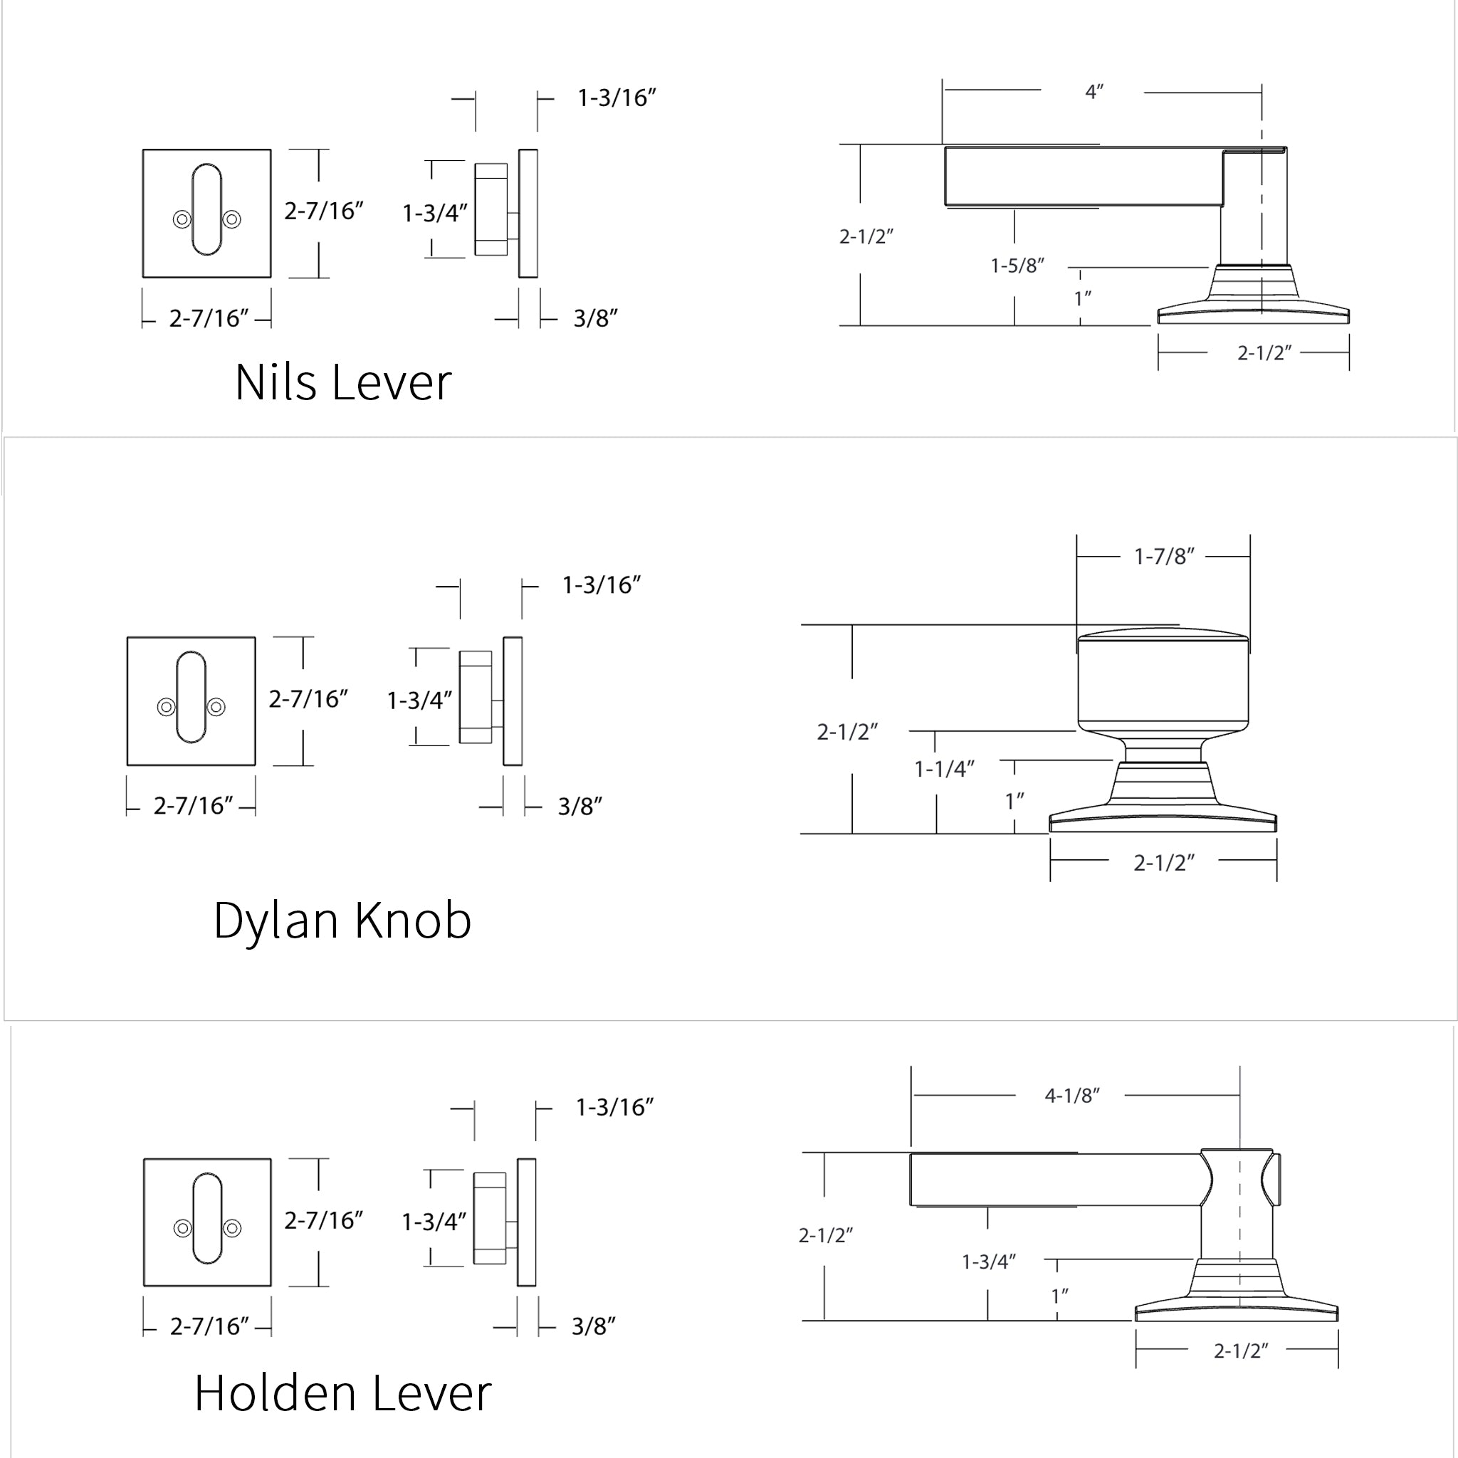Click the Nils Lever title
tap(342, 382)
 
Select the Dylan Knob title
tap(342, 921)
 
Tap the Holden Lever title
tap(342, 1393)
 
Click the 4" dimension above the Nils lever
tap(1093, 92)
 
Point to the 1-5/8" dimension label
tap(1017, 266)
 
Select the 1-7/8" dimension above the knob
tap(1164, 557)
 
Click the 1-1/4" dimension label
tap(944, 769)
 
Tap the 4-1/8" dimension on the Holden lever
tap(1071, 1096)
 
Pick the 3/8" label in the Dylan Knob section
tap(579, 807)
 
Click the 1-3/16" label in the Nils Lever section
tap(617, 98)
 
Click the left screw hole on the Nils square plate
tap(182, 219)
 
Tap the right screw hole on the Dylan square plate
tap(216, 707)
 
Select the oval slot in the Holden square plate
tap(208, 1219)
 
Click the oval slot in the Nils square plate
tap(206, 209)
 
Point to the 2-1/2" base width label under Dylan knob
tap(1164, 863)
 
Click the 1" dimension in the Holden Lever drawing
tap(1059, 1296)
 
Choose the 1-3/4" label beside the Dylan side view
tap(419, 701)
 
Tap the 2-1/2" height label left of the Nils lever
tap(866, 237)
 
